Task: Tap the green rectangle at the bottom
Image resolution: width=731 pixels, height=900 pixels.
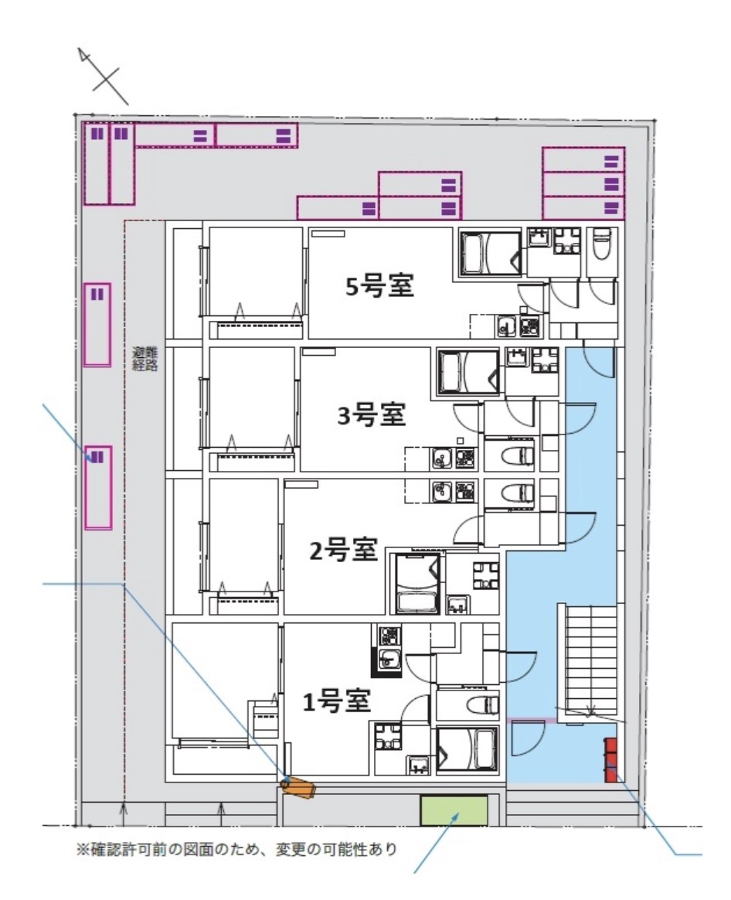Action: pyautogui.click(x=454, y=810)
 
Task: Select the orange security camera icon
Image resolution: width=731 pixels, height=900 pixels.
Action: pyautogui.click(x=299, y=789)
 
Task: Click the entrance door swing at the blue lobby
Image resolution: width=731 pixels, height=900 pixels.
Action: pyautogui.click(x=529, y=738)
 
